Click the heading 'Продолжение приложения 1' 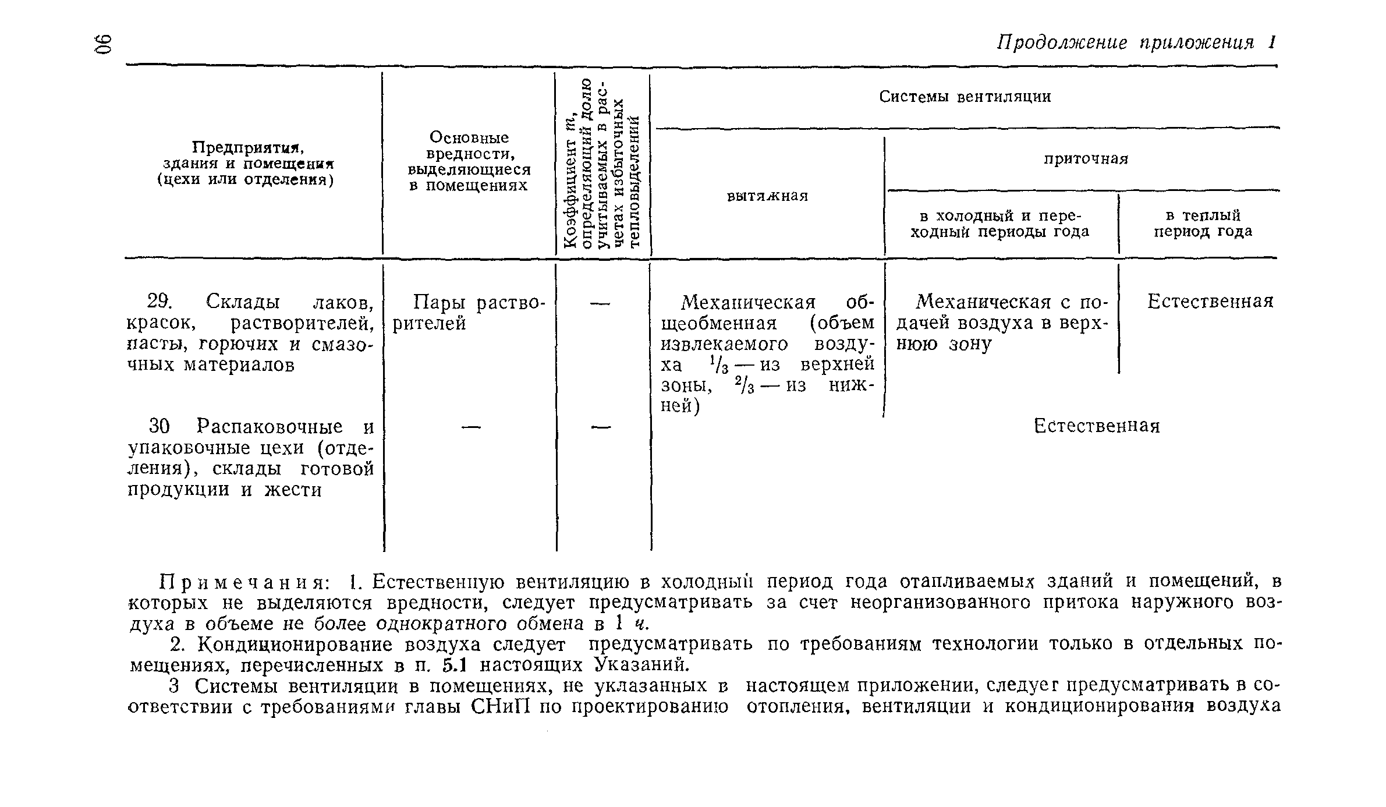[x=1136, y=43]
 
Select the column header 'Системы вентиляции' [x=965, y=97]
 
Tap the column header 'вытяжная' [x=767, y=196]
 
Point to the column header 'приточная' [x=1086, y=159]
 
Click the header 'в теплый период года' [x=1203, y=224]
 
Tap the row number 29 [x=158, y=302]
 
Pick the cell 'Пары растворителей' [x=469, y=313]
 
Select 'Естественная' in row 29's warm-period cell [x=1210, y=302]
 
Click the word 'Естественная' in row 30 [x=1097, y=427]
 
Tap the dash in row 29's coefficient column [x=601, y=303]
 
